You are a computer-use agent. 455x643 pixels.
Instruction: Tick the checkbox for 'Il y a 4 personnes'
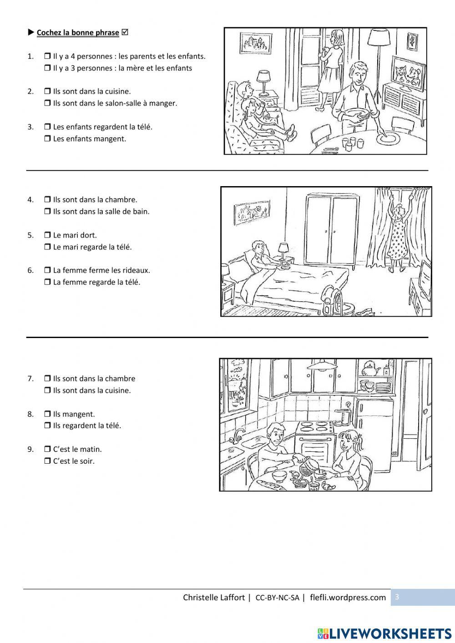47,56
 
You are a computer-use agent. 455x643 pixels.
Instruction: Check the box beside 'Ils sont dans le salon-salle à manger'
47,103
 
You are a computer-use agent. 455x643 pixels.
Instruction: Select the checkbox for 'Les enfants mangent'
47,139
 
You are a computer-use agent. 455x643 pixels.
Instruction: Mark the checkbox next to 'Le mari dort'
47,235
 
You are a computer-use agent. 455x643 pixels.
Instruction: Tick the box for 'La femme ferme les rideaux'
47,270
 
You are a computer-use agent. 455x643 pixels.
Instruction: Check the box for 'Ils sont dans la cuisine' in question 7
47,390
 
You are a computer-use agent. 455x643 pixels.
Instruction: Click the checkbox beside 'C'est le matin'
47,449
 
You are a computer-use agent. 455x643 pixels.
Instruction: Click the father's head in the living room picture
358,73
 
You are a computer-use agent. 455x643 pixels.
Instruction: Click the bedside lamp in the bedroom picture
283,250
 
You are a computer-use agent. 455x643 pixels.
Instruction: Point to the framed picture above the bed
249,212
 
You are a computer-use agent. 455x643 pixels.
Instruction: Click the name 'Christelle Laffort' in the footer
213,597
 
